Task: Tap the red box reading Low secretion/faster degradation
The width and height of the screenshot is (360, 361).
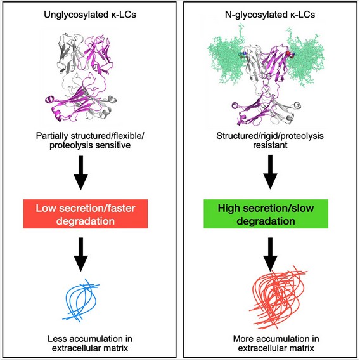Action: coord(86,214)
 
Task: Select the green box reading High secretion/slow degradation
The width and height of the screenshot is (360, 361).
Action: coord(266,214)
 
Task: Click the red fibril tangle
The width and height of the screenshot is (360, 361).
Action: coord(277,297)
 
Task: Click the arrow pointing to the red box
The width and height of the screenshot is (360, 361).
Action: coord(80,173)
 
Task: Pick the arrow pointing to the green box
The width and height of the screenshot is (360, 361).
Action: coord(270,172)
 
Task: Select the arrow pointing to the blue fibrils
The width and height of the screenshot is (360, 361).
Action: coord(80,254)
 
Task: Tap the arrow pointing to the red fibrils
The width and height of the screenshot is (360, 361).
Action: coord(270,254)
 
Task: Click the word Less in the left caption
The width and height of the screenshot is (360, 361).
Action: coord(56,339)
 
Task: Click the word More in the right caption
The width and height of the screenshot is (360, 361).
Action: coord(243,339)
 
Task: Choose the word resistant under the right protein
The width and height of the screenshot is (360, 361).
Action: coord(270,145)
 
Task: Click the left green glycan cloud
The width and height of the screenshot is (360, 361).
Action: coord(226,59)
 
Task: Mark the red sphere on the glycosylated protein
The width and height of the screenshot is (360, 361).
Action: coord(288,53)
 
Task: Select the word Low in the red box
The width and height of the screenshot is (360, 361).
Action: coord(46,208)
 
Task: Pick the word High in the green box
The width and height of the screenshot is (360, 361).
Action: coord(229,208)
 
